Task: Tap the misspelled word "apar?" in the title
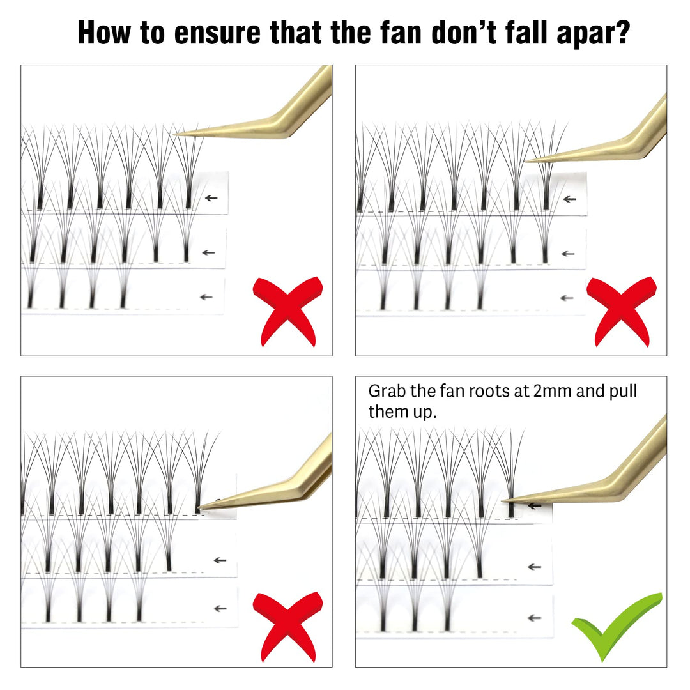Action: [x=593, y=33]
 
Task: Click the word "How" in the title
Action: [x=104, y=33]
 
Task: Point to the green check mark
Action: [x=616, y=625]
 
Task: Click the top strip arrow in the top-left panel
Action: [x=211, y=198]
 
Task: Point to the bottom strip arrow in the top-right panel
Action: [x=567, y=298]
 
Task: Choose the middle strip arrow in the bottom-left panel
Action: [x=220, y=560]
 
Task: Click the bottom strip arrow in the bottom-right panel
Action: [x=534, y=618]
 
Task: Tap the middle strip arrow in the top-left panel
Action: [x=208, y=252]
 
